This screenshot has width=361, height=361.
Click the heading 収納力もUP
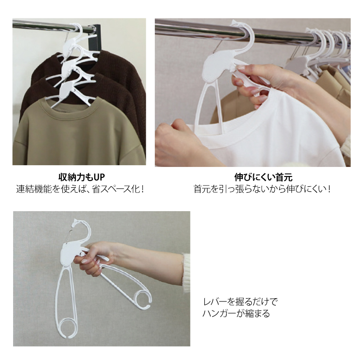coord(82,177)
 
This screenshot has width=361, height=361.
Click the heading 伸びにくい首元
coord(263,177)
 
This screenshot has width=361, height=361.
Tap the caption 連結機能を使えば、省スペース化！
coord(80,189)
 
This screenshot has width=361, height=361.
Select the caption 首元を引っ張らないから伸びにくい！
coord(263,189)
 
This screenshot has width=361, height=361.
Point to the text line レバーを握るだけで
coord(240,301)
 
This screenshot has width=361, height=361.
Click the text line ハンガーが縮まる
coord(236,313)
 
